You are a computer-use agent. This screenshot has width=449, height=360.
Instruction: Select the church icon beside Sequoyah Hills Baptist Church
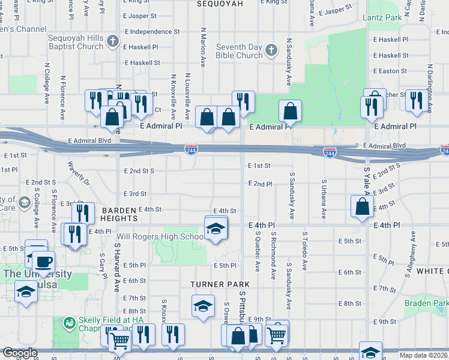[113, 41]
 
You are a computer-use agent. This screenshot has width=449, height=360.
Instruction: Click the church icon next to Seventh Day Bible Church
[271, 50]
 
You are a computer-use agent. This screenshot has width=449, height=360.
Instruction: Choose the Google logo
[20, 353]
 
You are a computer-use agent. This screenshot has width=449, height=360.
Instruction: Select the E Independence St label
[151, 31]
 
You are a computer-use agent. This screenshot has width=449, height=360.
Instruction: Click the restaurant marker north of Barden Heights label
[83, 214]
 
